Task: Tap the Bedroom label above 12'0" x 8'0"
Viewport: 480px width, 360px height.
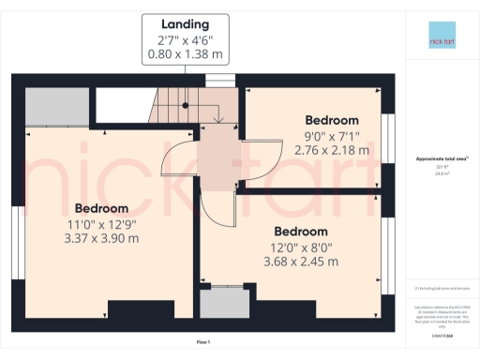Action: (x=301, y=232)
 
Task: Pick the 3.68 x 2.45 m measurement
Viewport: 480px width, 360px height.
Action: (x=301, y=263)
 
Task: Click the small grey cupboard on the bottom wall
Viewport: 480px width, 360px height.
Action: (x=224, y=303)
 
